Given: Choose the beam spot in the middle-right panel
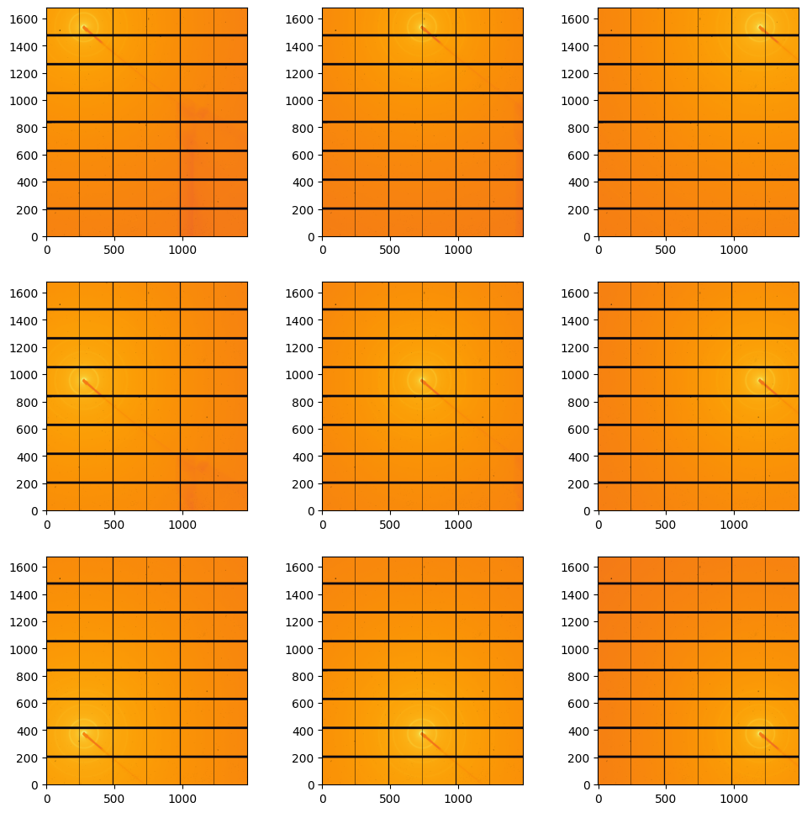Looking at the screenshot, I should [x=760, y=380].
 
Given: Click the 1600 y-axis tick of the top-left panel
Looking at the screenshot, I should [x=46, y=18].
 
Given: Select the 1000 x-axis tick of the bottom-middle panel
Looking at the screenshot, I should [x=457, y=785].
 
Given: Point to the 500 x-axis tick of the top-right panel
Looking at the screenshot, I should [x=665, y=237].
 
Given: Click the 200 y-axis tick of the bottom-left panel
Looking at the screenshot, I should [x=46, y=758].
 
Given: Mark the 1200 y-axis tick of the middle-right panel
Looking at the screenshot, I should [x=598, y=347].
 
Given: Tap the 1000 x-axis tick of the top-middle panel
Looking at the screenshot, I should [x=457, y=237].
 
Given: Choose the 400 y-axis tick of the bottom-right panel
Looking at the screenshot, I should [x=598, y=731].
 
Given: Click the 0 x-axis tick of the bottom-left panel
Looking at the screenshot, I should [x=46, y=785].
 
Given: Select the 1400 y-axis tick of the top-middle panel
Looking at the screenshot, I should [x=322, y=45].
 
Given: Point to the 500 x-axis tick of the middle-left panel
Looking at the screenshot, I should [x=113, y=511].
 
